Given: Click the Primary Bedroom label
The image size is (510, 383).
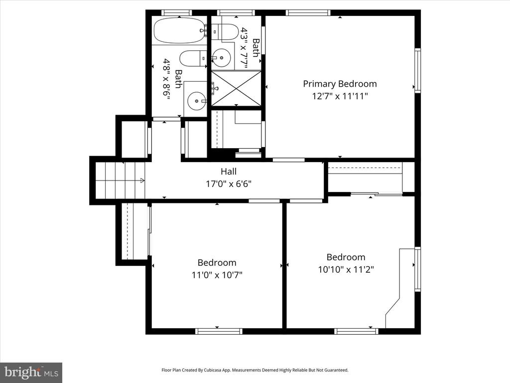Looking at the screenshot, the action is click(340, 84).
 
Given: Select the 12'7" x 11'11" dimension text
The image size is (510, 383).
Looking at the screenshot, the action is click(340, 96).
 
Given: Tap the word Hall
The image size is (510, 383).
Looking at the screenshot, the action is click(229, 172).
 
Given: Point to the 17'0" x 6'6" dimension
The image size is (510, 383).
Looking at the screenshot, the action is click(229, 184).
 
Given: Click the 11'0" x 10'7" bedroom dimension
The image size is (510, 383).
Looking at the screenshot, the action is click(217, 275).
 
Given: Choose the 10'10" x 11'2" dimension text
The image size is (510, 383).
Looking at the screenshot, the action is click(346, 270).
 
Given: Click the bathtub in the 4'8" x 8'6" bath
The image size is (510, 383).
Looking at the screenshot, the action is click(180, 30).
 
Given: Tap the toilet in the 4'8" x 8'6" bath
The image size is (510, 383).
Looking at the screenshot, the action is click(193, 58).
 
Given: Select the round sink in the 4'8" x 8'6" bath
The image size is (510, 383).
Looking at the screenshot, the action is click(197, 101).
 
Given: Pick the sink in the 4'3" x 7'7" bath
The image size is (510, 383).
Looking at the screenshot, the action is click(222, 58).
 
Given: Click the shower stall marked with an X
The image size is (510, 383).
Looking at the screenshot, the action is click(237, 88).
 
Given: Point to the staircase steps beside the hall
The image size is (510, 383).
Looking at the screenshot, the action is click(120, 180).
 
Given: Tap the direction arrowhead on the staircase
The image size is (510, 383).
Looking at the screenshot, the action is click(142, 180).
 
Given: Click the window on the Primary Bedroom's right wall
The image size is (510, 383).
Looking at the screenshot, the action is click(417, 71).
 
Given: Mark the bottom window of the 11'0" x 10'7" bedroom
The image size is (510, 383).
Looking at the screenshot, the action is click(219, 331).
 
